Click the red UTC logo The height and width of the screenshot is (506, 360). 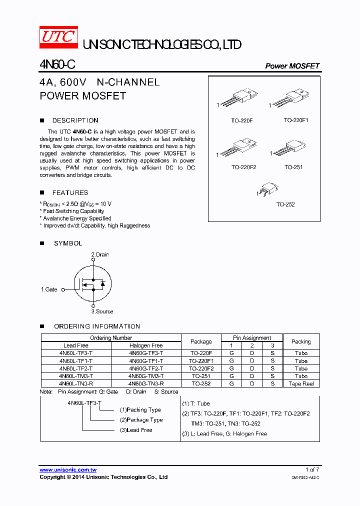(x=58, y=37)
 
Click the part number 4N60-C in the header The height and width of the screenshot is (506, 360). (x=57, y=65)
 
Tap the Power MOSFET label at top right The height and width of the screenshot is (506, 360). (x=292, y=66)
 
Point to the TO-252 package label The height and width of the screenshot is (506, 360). (x=285, y=205)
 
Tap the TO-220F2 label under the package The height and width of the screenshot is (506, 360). (x=243, y=167)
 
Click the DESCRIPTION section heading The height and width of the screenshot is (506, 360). (x=75, y=120)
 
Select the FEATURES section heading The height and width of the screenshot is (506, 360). (x=70, y=192)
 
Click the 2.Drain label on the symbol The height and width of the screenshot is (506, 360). (x=99, y=254)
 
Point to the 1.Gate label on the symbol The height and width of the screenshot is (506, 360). (x=49, y=289)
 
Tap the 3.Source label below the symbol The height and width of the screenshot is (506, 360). (x=102, y=311)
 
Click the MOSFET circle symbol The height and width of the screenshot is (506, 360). (x=92, y=283)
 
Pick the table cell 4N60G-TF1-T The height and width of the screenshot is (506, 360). (x=146, y=360)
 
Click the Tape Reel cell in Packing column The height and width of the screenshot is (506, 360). (x=301, y=383)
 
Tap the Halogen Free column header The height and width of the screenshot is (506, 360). (x=146, y=345)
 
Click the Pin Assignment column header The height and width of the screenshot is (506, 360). (x=252, y=338)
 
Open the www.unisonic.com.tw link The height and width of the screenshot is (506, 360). (x=68, y=470)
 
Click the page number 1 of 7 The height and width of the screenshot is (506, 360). (x=312, y=469)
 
